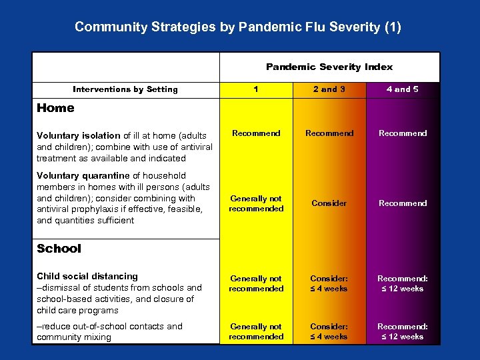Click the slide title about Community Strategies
pyautogui.click(x=238, y=27)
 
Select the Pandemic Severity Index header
pyautogui.click(x=329, y=67)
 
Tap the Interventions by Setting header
pyautogui.click(x=125, y=89)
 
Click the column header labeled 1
pyautogui.click(x=256, y=89)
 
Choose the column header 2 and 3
pyautogui.click(x=329, y=89)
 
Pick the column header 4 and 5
pyautogui.click(x=403, y=89)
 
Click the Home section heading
pyautogui.click(x=55, y=108)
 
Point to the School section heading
pyautogui.click(x=59, y=249)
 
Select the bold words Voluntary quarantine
pyautogui.click(x=83, y=176)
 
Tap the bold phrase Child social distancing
pyautogui.click(x=87, y=276)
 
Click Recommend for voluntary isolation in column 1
pyautogui.click(x=256, y=133)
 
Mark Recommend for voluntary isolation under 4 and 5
pyautogui.click(x=403, y=133)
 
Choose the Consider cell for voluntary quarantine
pyautogui.click(x=329, y=203)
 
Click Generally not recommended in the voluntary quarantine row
pyautogui.click(x=256, y=203)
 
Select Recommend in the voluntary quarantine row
pyautogui.click(x=403, y=203)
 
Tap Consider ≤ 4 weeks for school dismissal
pyautogui.click(x=329, y=283)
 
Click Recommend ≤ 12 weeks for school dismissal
pyautogui.click(x=403, y=283)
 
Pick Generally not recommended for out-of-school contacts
pyautogui.click(x=256, y=331)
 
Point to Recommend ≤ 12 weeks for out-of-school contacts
pyautogui.click(x=403, y=331)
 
